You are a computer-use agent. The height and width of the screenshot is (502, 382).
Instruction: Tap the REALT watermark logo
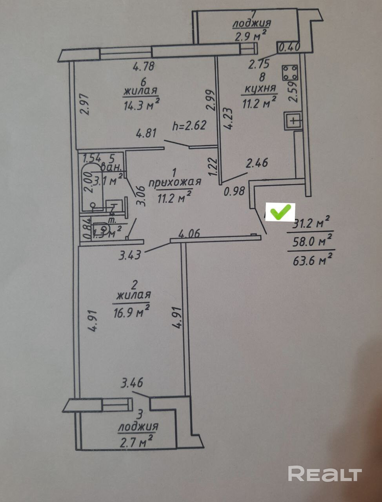(x=325, y=474)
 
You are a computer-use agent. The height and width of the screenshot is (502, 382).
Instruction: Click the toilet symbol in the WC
(x=101, y=228)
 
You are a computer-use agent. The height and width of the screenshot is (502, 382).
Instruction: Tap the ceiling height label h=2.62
(x=189, y=126)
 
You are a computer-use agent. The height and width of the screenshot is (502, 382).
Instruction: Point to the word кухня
(x=260, y=89)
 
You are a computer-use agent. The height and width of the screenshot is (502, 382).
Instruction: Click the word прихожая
(x=175, y=182)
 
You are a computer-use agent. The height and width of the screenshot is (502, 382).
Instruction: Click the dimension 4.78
(x=144, y=67)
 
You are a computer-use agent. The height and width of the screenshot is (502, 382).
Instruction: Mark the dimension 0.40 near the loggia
(x=289, y=47)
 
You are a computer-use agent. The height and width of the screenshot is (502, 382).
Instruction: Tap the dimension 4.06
(x=189, y=234)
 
